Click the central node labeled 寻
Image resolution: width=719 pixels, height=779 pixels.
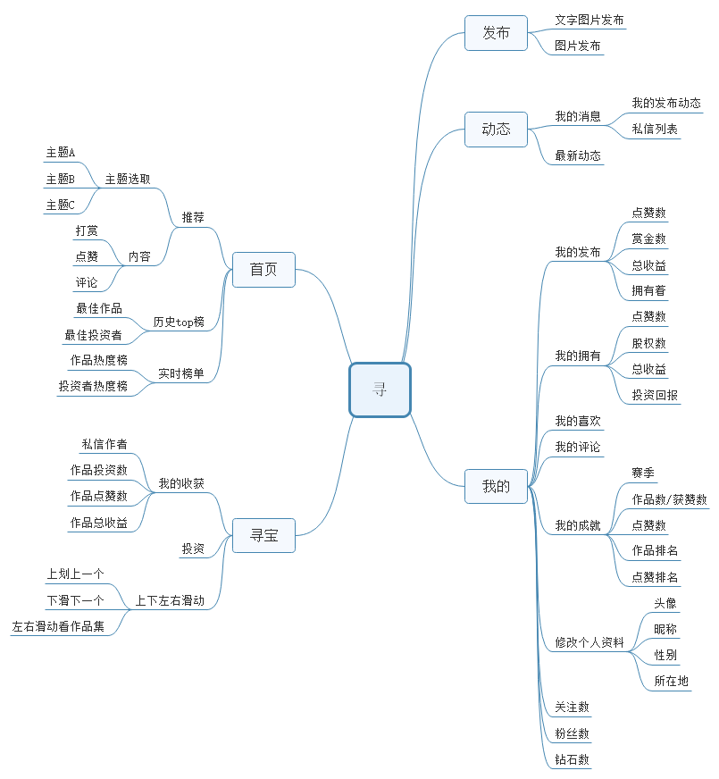pos(380,389)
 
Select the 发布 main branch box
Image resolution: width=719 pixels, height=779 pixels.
pos(496,33)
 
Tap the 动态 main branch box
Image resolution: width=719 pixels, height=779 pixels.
pos(496,130)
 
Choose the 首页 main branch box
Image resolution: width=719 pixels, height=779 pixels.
pos(263,270)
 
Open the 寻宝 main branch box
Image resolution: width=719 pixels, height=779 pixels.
pos(263,536)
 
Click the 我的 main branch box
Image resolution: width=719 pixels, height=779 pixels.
pos(496,487)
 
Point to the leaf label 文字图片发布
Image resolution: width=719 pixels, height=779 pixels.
pos(589,20)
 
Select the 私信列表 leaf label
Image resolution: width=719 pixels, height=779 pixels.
pos(655,130)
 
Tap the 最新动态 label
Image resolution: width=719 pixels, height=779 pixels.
pos(578,155)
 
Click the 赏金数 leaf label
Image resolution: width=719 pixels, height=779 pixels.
pos(648,239)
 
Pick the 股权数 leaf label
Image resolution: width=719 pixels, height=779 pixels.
pos(648,343)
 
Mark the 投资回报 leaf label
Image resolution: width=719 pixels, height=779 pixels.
pos(655,395)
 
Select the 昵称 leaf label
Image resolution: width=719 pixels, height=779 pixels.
pos(665,629)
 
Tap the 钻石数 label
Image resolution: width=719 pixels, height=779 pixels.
pos(572,759)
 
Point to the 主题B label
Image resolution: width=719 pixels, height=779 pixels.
pos(60,180)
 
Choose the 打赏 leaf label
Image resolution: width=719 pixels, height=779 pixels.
pos(87,230)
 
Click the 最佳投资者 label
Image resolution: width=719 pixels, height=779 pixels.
pos(93,335)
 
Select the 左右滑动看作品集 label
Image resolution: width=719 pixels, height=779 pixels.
pos(58,627)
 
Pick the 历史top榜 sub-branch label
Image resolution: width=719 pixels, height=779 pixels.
pos(179,322)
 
